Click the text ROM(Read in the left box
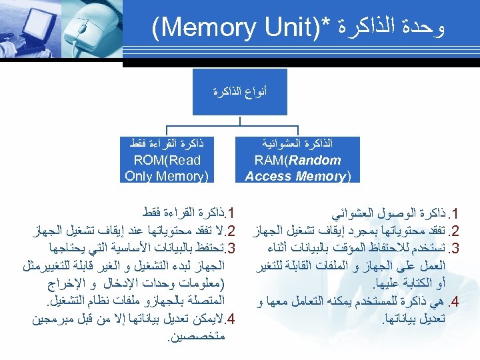point(167,160)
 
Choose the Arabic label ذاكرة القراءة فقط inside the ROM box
point(167,143)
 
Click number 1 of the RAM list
point(456,215)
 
